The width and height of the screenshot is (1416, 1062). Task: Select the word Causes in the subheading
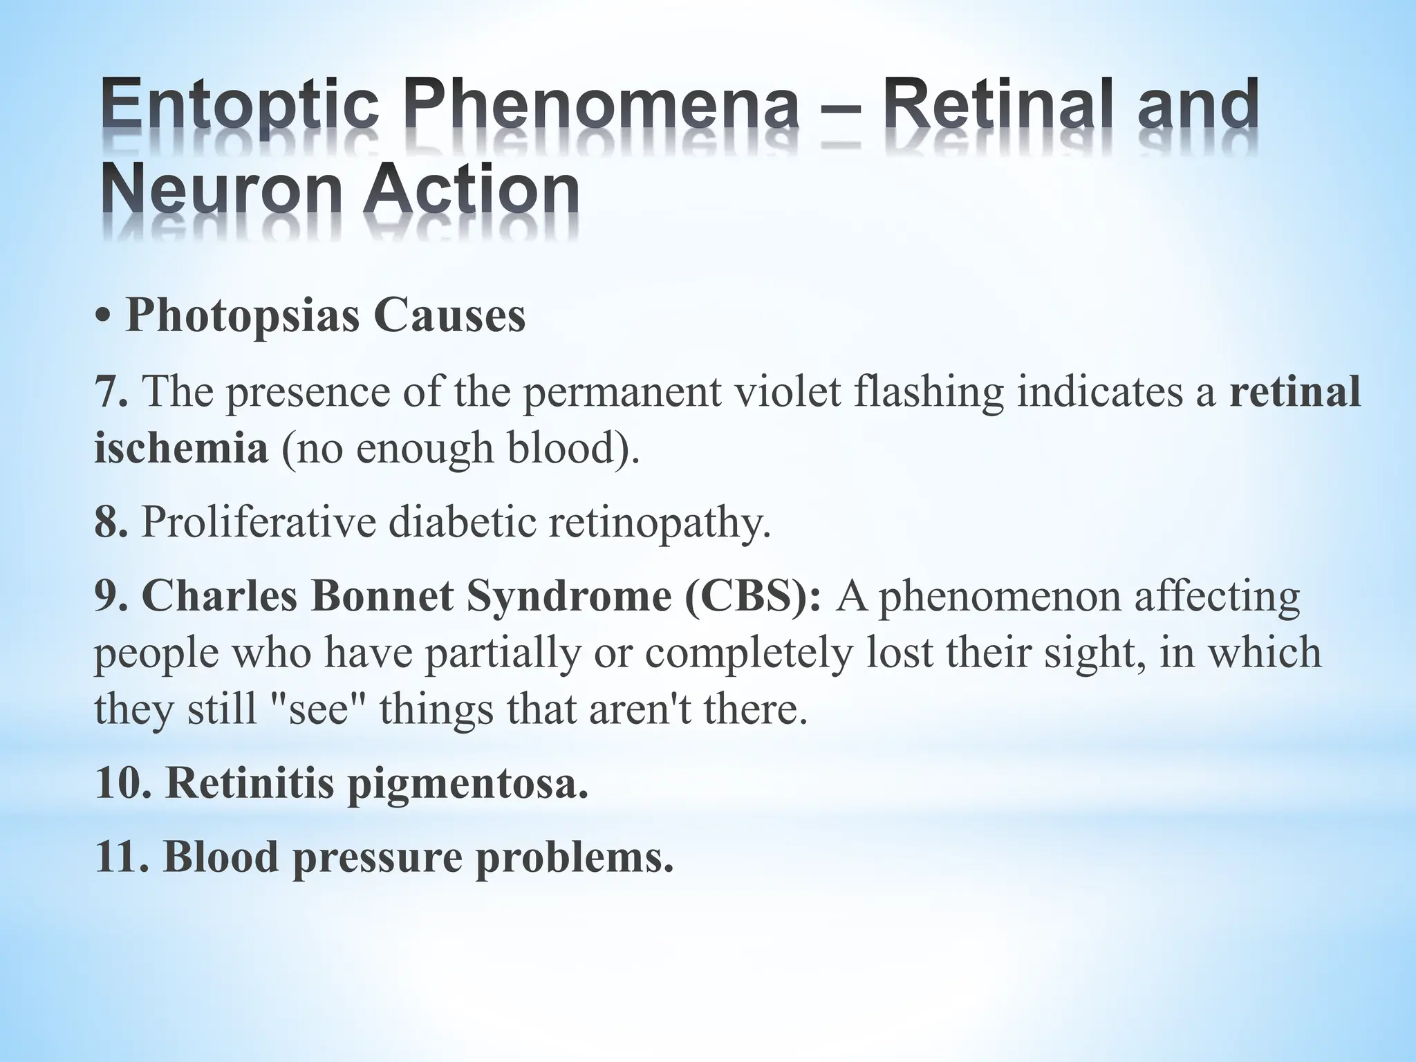click(x=449, y=316)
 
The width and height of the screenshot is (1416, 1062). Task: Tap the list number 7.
click(x=111, y=391)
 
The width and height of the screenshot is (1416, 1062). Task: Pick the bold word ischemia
click(x=181, y=447)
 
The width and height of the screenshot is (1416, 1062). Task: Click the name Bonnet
click(x=381, y=596)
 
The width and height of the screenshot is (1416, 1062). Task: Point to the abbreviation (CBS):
click(x=753, y=596)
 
